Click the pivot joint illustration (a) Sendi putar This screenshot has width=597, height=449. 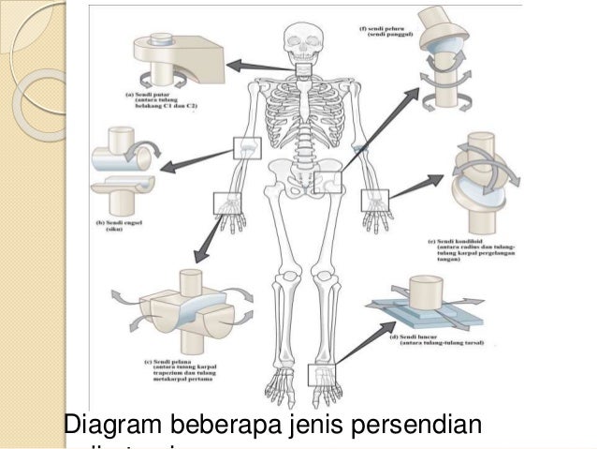[x=174, y=61]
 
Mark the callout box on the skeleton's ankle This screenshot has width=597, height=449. [x=320, y=374]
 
